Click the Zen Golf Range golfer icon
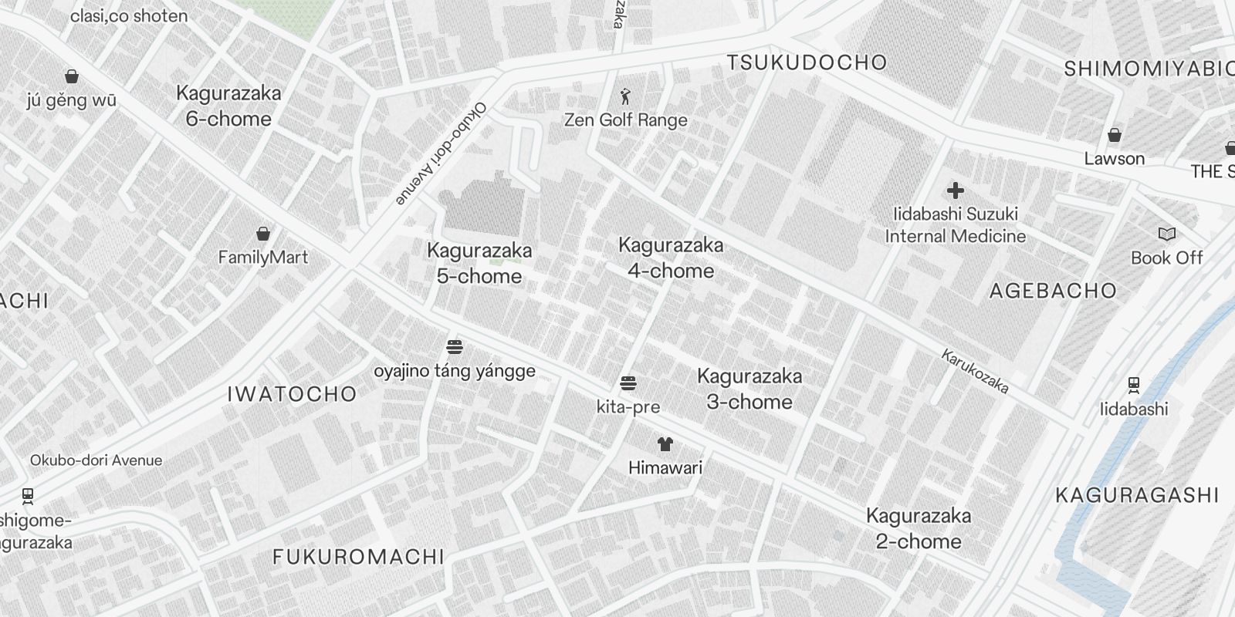coord(625,96)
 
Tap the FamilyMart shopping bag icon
coord(263,234)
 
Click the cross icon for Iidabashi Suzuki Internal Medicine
coord(956,190)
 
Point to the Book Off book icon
coord(1166,234)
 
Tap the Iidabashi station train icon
coord(1133,385)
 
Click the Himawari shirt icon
coord(665,443)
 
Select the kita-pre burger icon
coord(628,383)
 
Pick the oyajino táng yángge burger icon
coord(455,347)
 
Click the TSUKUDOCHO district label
coord(807,62)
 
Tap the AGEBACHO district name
coord(1053,291)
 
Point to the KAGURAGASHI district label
coord(1137,495)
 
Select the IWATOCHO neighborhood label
coord(292,394)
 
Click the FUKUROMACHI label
coord(359,557)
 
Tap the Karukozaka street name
coord(975,371)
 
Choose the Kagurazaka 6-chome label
coord(228,106)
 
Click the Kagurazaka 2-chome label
coord(919,528)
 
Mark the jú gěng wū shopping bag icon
coord(72,76)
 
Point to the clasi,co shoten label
coord(129,16)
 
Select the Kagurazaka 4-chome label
coord(671,258)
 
